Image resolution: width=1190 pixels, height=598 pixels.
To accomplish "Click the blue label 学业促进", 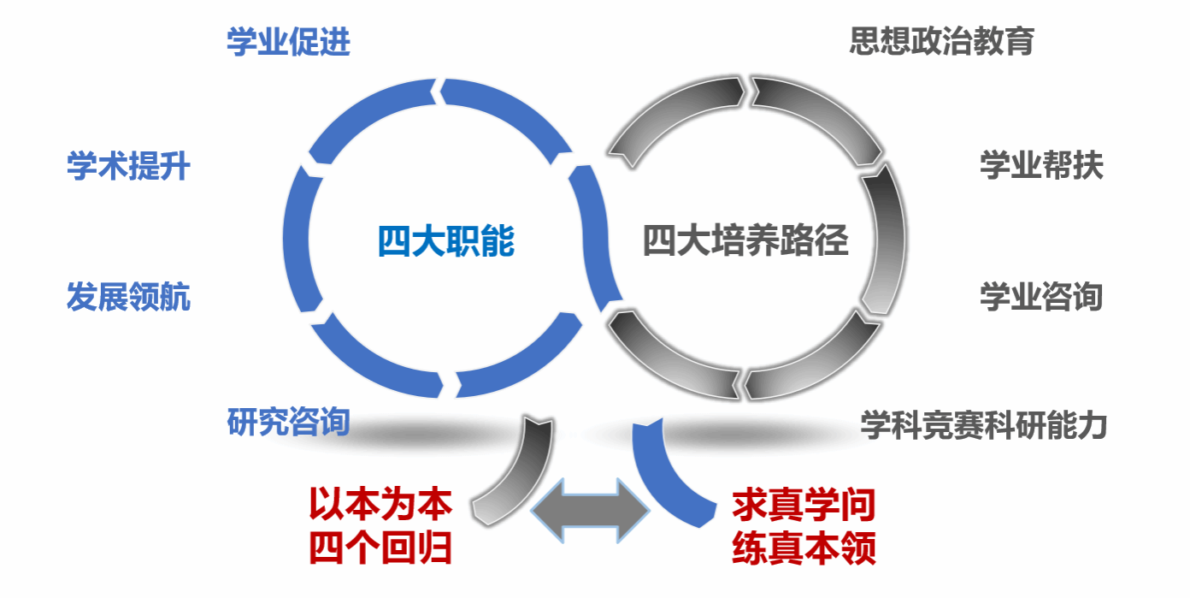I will coord(288,42).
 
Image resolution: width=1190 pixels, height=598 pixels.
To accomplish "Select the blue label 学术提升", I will coord(128,166).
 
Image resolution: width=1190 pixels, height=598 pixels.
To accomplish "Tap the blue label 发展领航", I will coord(128,298).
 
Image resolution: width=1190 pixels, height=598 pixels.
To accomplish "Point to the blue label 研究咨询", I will coord(288,422).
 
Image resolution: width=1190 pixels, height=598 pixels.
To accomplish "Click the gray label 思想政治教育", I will coord(942,41).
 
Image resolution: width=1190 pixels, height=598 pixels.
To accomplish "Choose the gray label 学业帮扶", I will coord(1041,166).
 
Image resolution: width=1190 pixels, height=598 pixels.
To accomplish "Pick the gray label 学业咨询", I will coord(1041,298).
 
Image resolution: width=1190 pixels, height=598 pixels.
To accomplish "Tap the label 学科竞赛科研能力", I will coord(983,425).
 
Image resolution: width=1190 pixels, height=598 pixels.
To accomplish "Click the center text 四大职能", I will coord(446,242).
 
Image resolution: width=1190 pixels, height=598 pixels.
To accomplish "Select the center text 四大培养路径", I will coord(745,242).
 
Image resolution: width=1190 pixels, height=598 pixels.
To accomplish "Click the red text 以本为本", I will coord(380,505).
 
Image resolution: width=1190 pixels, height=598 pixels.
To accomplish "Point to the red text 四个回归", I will coord(380,548).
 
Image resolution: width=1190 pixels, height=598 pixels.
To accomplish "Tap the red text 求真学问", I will coord(804,506).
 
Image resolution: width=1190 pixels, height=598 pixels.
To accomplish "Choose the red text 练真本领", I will coord(804,548).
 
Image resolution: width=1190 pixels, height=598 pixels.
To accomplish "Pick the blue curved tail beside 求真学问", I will coord(671,479).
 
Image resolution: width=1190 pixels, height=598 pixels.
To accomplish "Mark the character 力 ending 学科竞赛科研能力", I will coord(1092,425).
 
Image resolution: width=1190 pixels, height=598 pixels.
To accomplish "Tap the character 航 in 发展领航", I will coord(174,298).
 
